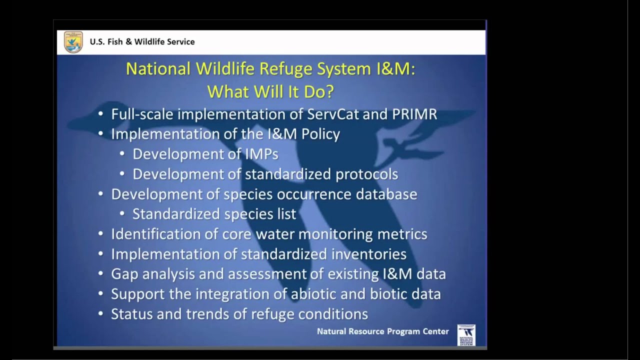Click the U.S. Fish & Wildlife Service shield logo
click(x=73, y=42)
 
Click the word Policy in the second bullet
click(x=320, y=134)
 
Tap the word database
click(x=386, y=194)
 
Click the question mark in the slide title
click(x=328, y=91)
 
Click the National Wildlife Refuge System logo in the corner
click(x=466, y=335)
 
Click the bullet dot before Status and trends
click(x=101, y=314)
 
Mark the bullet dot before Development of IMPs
click(x=122, y=154)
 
